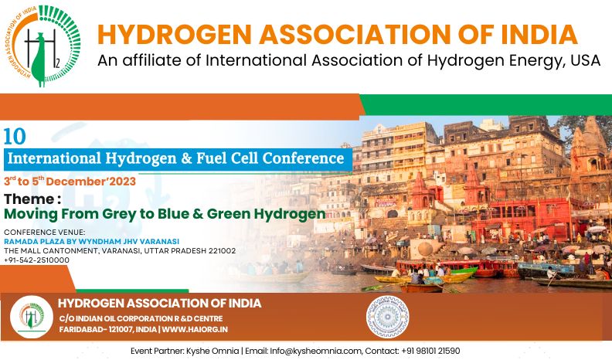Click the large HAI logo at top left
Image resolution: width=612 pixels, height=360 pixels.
click(x=43, y=46)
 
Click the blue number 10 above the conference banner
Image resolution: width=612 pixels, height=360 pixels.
click(x=15, y=137)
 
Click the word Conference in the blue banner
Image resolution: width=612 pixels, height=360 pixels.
click(x=303, y=158)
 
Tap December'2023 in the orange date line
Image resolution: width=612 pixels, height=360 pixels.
click(x=91, y=182)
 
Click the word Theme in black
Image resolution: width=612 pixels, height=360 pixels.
click(x=29, y=199)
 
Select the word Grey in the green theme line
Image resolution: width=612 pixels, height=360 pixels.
click(x=121, y=214)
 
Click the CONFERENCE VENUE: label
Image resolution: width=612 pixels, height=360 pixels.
click(x=45, y=233)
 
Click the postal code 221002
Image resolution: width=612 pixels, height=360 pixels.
click(x=222, y=251)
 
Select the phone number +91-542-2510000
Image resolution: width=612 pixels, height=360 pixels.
click(x=36, y=260)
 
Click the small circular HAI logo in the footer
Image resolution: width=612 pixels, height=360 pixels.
click(x=32, y=317)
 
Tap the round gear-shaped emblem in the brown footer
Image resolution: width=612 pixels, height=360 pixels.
click(x=387, y=317)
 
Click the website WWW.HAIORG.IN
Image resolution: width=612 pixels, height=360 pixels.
click(x=195, y=330)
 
